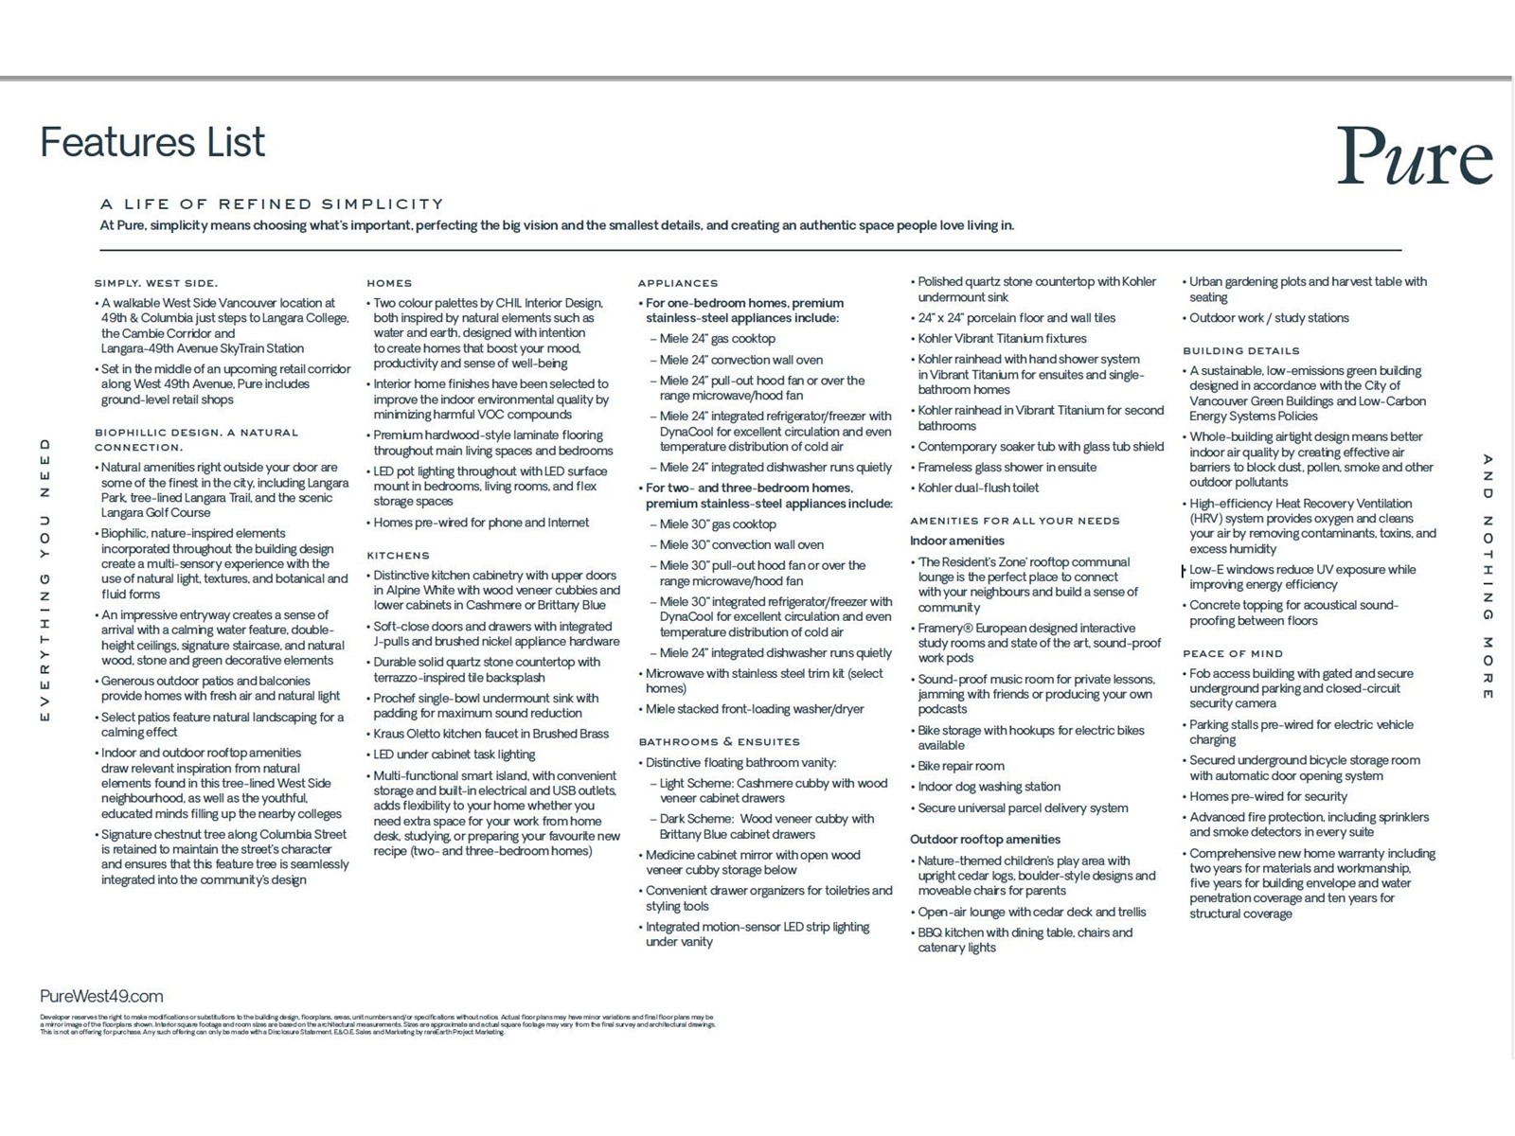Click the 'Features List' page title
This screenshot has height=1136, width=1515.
152,143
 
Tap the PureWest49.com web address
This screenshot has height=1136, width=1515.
101,996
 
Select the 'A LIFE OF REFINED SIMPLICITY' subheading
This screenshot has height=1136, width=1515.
272,204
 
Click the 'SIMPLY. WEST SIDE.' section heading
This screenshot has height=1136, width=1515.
155,283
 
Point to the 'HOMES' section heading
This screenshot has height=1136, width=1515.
389,283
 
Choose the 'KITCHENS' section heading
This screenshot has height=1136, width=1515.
398,556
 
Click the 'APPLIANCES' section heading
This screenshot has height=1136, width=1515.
678,283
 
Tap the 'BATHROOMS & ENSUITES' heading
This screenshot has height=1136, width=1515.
719,742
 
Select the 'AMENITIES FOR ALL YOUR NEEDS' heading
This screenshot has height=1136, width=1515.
1014,521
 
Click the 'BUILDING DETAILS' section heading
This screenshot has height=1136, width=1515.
1240,350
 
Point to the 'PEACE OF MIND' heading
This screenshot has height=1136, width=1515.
1232,653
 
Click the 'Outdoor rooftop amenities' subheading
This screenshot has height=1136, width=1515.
985,839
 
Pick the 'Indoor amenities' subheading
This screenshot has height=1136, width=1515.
956,541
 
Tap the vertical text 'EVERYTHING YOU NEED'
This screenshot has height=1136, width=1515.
45,580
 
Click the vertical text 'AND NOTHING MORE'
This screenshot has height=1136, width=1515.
1488,577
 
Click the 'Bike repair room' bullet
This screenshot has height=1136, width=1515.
960,766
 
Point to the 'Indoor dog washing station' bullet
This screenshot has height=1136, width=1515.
989,787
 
